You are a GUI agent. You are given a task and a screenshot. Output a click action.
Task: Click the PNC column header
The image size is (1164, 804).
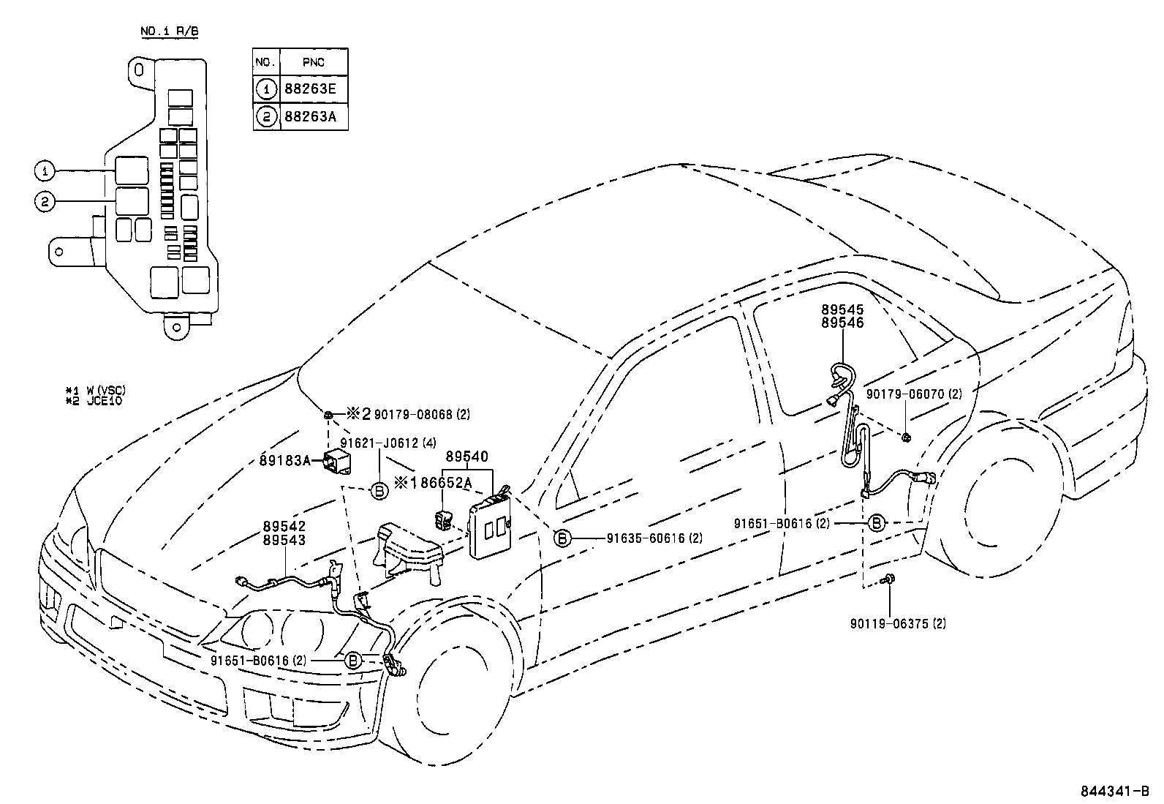pyautogui.click(x=314, y=62)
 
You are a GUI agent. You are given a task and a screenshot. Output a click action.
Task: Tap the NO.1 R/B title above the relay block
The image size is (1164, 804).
pyautogui.click(x=169, y=31)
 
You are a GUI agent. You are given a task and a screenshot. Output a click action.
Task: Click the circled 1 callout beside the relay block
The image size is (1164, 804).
pyautogui.click(x=45, y=171)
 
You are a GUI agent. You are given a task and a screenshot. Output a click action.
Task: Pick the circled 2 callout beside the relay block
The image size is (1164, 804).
pyautogui.click(x=45, y=202)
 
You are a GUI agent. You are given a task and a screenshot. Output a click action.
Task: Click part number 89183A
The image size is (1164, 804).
pyautogui.click(x=285, y=460)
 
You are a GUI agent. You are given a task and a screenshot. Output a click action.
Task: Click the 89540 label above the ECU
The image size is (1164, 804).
pyautogui.click(x=466, y=457)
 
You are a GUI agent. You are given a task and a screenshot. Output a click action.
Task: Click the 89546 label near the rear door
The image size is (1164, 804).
pyautogui.click(x=842, y=323)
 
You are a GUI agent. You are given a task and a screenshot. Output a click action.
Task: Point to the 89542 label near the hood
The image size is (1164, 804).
pyautogui.click(x=284, y=527)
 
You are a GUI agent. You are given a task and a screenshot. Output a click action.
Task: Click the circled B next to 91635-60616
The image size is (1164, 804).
pyautogui.click(x=562, y=538)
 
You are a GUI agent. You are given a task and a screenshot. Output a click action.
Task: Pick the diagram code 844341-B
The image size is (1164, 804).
pyautogui.click(x=1116, y=792)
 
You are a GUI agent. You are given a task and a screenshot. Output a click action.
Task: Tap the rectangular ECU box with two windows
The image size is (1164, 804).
pyautogui.click(x=490, y=525)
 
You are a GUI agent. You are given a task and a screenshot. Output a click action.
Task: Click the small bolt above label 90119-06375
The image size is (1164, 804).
pyautogui.click(x=888, y=579)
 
